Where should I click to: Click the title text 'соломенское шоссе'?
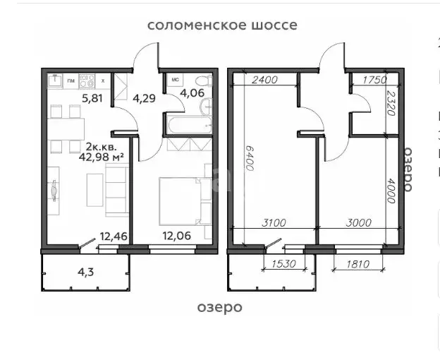[222, 25]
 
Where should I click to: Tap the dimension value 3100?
[274, 223]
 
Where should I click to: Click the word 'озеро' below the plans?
[219, 307]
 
